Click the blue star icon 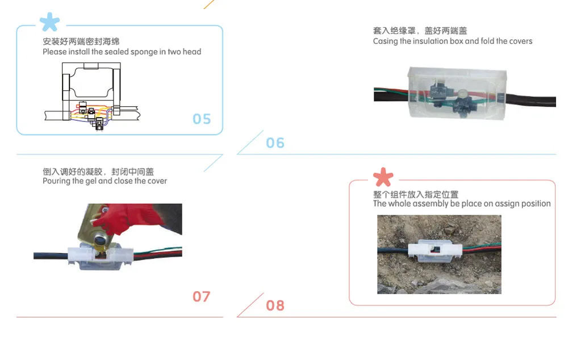(49, 22)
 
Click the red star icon (383, 177)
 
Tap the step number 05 (202, 119)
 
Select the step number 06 (275, 143)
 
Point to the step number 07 (202, 296)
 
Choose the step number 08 (275, 305)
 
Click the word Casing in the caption (386, 41)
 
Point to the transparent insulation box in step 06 (457, 94)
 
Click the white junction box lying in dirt (435, 250)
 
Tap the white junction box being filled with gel (101, 257)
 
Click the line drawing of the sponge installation (92, 97)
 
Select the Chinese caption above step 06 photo (420, 31)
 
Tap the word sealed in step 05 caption (116, 52)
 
